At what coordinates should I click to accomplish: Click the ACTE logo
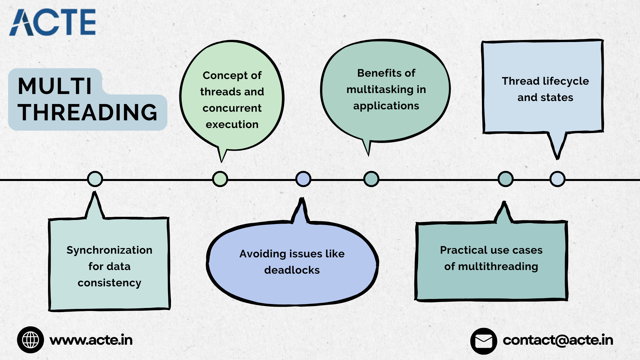click(52, 22)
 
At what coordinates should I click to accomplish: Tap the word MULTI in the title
click(55, 86)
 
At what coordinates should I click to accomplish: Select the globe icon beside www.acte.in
click(30, 340)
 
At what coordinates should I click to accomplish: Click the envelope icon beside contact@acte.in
click(484, 341)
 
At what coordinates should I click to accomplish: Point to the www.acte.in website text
click(91, 340)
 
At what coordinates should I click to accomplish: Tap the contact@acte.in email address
click(558, 340)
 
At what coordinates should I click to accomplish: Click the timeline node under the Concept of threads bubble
click(220, 179)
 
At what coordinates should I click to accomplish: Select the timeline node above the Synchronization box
click(95, 179)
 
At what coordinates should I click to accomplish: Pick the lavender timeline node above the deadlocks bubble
click(303, 179)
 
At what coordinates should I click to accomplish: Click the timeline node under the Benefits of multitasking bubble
click(371, 179)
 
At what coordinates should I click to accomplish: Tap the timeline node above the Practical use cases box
click(506, 179)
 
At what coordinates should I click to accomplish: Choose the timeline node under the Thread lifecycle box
click(557, 179)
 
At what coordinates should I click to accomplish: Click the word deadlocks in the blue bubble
click(292, 270)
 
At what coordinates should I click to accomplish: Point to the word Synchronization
click(109, 250)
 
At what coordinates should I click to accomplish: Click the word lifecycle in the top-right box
click(566, 81)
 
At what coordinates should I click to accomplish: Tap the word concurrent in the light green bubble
click(232, 108)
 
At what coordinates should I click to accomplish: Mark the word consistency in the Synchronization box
click(109, 283)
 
